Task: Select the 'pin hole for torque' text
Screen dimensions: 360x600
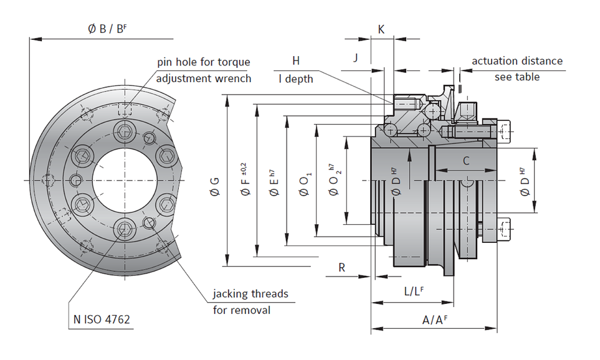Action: tap(203, 62)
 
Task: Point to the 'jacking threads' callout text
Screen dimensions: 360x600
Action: tap(250, 293)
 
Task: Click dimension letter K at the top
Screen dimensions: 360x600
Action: tap(381, 29)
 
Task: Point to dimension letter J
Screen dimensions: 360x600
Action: tap(356, 58)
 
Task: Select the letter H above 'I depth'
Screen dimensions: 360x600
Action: tap(296, 60)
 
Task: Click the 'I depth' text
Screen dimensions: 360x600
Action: tap(296, 79)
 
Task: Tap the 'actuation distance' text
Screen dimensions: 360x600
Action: tap(517, 61)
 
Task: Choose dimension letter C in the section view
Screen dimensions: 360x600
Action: tap(465, 160)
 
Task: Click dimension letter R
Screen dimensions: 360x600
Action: tap(341, 267)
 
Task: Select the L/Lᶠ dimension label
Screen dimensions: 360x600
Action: tap(414, 291)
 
